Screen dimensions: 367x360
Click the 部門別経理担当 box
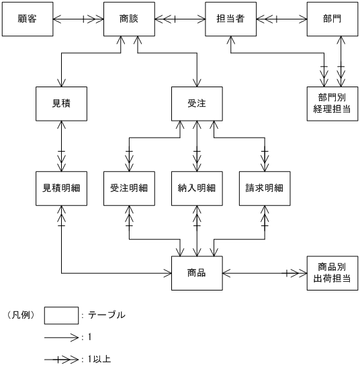(x=332, y=103)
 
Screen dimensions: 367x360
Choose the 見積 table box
(x=62, y=103)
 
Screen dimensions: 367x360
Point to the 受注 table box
(x=196, y=103)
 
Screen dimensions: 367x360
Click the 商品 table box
(x=196, y=273)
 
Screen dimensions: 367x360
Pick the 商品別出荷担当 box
(x=332, y=273)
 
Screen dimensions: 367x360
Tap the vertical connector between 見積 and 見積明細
(x=62, y=146)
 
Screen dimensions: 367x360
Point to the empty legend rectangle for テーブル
(x=61, y=314)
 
